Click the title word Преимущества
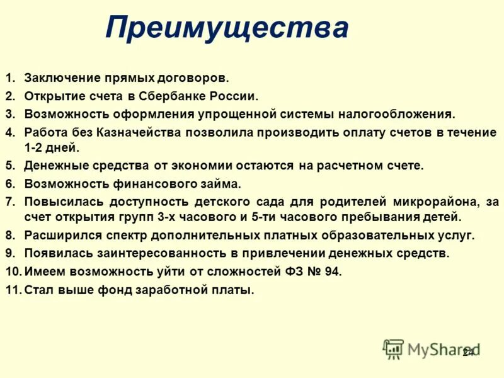(227, 28)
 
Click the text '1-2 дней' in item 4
(52, 148)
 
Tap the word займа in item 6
(222, 184)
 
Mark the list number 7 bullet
(10, 202)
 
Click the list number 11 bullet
(13, 290)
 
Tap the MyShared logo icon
(393, 348)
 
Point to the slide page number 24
(468, 352)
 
